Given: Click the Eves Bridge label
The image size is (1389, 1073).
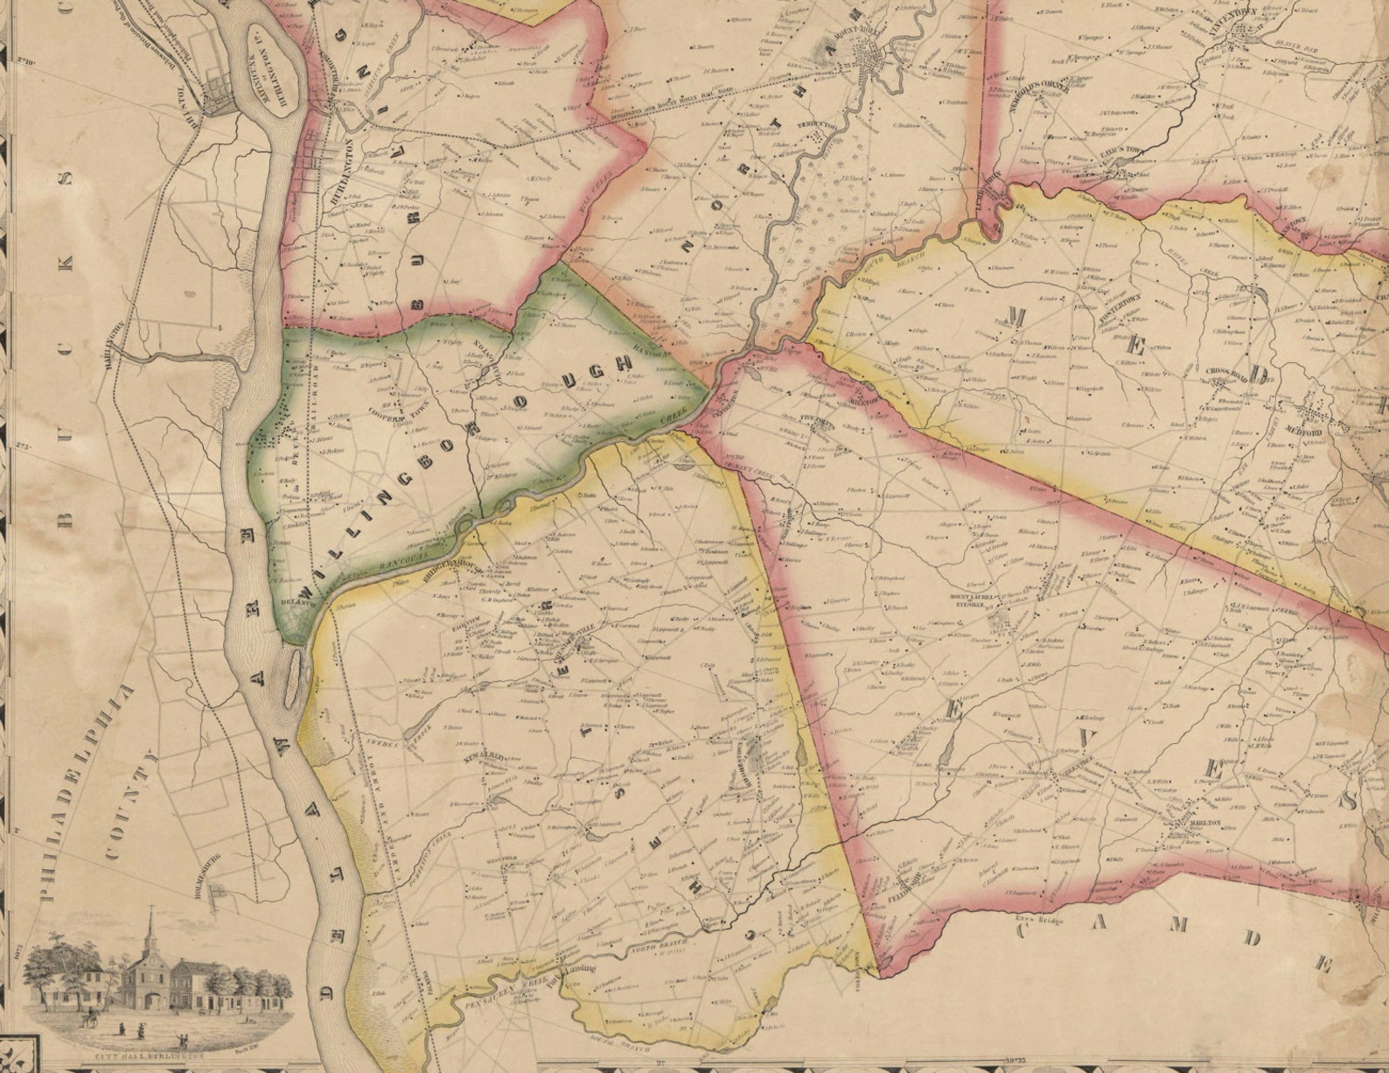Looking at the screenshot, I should pyautogui.click(x=1032, y=918).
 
